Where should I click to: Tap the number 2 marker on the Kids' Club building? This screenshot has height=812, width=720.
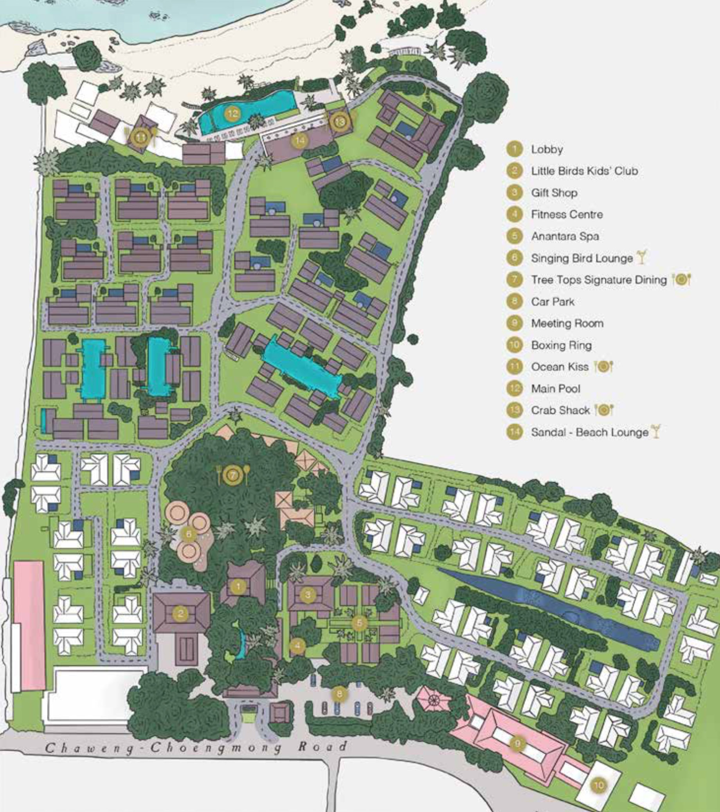181,613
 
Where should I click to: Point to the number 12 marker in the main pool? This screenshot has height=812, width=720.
232,114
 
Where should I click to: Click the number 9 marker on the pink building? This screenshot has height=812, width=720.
517,743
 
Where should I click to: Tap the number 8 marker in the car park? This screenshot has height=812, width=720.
339,694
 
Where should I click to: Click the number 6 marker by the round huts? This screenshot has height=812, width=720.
189,534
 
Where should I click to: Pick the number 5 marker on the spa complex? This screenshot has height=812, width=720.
359,622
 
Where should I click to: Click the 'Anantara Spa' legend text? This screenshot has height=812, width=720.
565,236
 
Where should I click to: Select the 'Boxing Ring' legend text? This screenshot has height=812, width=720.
561,345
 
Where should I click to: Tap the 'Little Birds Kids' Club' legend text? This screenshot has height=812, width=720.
584,171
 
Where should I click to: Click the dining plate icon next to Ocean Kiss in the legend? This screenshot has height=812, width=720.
604,367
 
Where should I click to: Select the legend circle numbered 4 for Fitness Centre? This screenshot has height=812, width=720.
515,215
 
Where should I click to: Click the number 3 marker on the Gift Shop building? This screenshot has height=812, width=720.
308,595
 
